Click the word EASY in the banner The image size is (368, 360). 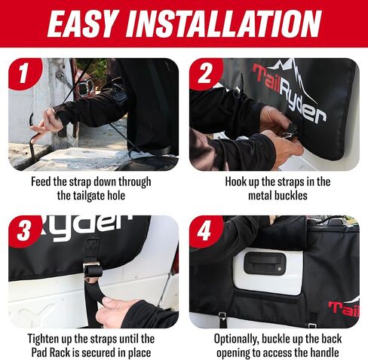click(83, 23)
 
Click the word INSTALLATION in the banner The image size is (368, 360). click(224, 23)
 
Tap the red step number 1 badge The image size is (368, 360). click(24, 73)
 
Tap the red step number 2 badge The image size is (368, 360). click(206, 73)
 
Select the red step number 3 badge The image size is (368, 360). click(24, 231)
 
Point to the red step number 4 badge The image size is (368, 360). click(206, 231)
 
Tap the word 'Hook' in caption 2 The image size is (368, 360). click(236, 182)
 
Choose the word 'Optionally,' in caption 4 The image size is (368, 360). click(236, 339)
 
